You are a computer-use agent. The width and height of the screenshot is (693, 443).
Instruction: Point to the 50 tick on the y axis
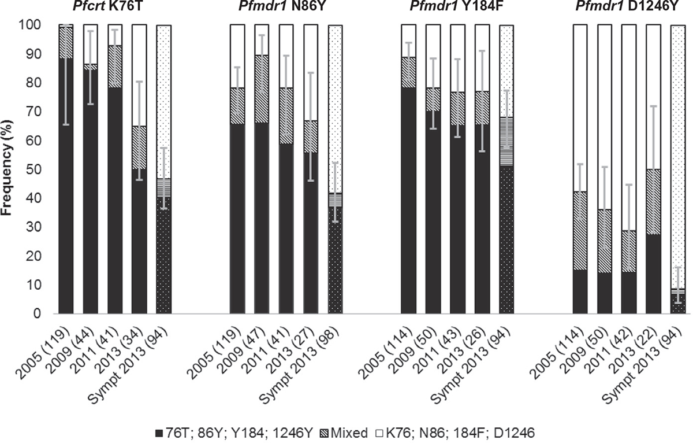click(x=35, y=169)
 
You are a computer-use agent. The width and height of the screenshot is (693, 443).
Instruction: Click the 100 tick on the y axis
click(x=32, y=25)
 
